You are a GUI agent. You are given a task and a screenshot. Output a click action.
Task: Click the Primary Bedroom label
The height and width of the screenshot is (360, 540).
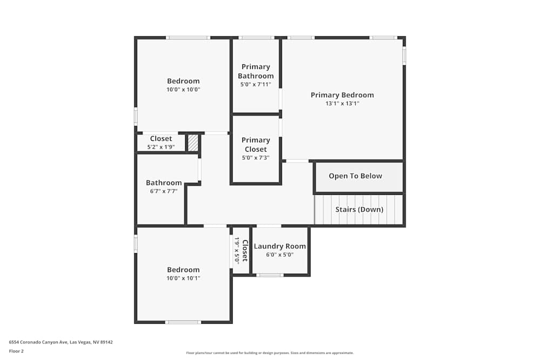(x=342, y=95)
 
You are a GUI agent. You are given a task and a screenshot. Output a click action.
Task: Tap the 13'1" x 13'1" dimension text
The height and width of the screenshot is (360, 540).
(x=342, y=104)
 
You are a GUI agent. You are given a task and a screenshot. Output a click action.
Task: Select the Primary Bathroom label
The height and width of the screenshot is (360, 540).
(x=255, y=71)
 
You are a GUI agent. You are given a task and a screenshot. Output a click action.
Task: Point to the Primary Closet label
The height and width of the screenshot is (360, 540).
(x=255, y=145)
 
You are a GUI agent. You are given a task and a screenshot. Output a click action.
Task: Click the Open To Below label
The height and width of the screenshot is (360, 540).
(x=355, y=176)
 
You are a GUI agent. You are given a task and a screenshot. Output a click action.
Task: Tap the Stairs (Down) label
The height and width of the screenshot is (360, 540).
(x=359, y=209)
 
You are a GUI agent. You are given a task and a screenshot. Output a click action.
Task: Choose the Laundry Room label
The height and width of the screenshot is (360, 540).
(x=280, y=246)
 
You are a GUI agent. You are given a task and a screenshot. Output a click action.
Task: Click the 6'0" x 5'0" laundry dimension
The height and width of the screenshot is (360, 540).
(x=280, y=255)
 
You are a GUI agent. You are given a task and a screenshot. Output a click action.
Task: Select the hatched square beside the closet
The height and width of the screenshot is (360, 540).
(x=193, y=143)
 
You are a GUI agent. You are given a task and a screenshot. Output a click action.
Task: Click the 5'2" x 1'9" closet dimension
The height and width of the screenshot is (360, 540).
(x=161, y=147)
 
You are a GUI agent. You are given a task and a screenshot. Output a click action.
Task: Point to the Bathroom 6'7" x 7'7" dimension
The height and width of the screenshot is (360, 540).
(x=164, y=191)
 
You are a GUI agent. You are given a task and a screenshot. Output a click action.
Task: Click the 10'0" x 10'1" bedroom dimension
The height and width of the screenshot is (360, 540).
(x=183, y=279)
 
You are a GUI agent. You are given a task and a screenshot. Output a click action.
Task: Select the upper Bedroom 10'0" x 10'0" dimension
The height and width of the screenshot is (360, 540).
(x=183, y=90)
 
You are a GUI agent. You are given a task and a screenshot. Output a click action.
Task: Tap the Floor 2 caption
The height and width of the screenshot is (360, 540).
(x=16, y=351)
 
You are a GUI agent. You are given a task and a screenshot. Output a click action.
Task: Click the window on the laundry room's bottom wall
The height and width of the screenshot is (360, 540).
(x=269, y=275)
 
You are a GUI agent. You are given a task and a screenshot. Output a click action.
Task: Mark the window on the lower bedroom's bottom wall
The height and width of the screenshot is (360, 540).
(x=183, y=322)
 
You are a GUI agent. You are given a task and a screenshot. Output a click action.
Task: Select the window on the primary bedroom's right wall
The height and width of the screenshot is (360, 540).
(x=404, y=56)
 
